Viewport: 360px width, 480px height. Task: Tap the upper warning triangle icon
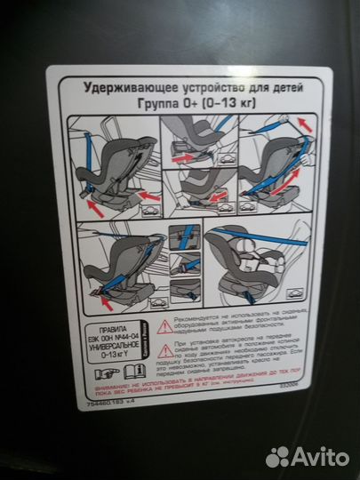pyautogui.click(x=163, y=326)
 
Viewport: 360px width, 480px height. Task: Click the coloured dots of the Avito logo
pyautogui.click(x=279, y=456)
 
